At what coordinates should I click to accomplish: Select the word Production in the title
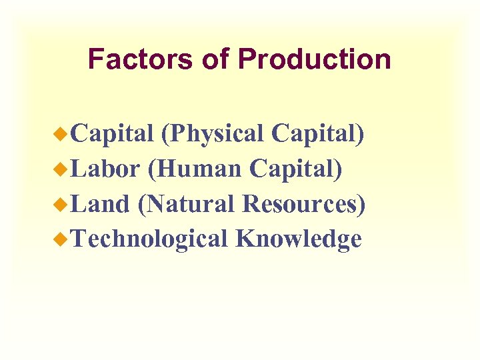coord(314,59)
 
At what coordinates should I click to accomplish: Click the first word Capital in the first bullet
coord(113,134)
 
